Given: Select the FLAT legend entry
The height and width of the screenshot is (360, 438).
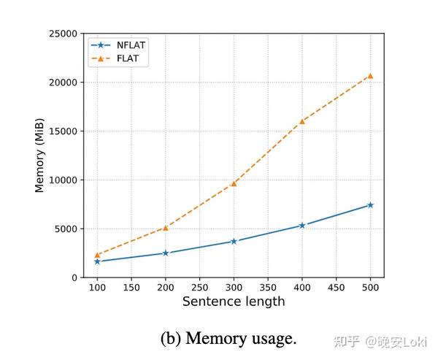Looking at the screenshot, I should point(117,59).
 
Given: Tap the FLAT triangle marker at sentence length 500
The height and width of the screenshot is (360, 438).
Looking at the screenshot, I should point(370,75).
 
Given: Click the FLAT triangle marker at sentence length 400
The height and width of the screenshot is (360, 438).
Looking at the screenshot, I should point(301,121).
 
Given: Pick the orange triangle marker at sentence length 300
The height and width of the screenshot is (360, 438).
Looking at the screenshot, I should point(234,183).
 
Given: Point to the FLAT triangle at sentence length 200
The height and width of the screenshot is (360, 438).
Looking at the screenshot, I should point(166,228).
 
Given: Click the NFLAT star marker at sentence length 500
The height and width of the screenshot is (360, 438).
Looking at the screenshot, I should point(370,205).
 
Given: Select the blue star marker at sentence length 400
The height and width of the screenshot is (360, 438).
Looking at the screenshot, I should point(301,226).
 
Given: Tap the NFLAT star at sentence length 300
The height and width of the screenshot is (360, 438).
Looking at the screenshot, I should point(234,241).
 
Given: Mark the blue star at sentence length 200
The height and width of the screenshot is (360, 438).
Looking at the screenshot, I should point(166,253).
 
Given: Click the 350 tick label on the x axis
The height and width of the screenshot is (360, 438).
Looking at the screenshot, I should point(268,288).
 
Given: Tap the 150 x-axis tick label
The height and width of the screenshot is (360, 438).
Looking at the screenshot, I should point(131,288).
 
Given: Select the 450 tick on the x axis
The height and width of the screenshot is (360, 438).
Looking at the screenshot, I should point(336,288).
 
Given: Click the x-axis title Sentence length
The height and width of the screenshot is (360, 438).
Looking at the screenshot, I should point(234,302).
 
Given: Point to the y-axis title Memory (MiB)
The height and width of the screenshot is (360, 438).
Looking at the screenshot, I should point(40,156).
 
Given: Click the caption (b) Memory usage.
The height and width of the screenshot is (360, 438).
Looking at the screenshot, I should point(228,339).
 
